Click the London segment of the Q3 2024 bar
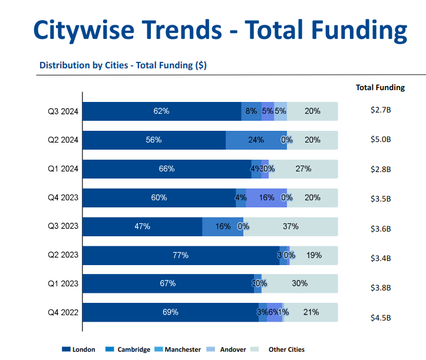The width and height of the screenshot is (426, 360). point(161,111)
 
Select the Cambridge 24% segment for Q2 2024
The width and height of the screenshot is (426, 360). point(256,140)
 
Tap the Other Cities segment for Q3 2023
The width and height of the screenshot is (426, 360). point(290,226)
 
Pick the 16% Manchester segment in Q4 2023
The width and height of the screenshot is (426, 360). point(266,197)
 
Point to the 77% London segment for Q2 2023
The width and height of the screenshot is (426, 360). point(180,255)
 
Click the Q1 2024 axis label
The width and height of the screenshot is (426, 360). point(64,169)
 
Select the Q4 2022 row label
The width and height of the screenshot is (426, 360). point(64,312)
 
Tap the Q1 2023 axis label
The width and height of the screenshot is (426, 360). point(64,283)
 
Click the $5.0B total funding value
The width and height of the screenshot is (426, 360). point(381,140)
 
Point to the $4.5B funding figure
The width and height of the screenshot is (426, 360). point(381,318)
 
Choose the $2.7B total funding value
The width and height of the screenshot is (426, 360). point(381,110)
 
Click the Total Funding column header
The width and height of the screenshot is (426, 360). point(380,87)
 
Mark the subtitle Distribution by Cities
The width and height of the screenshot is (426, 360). point(123,65)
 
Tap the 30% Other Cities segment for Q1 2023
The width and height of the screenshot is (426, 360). point(299,283)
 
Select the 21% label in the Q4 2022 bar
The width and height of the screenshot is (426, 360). point(311,312)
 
